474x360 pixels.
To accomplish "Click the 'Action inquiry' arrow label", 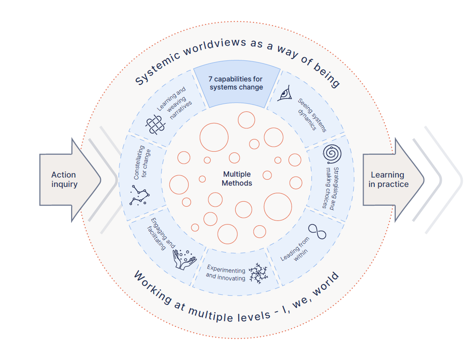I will pyautogui.click(x=63, y=179).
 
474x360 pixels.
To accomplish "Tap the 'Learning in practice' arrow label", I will pyautogui.click(x=388, y=179).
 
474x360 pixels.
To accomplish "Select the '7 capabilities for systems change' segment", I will pyautogui.click(x=236, y=83).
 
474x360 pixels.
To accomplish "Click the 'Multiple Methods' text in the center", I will pyautogui.click(x=237, y=178).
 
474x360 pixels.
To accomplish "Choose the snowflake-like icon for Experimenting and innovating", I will pyautogui.click(x=257, y=273).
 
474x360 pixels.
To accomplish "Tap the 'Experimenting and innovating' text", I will pyautogui.click(x=226, y=273).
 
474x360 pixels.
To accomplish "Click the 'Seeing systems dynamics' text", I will pyautogui.click(x=310, y=115).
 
